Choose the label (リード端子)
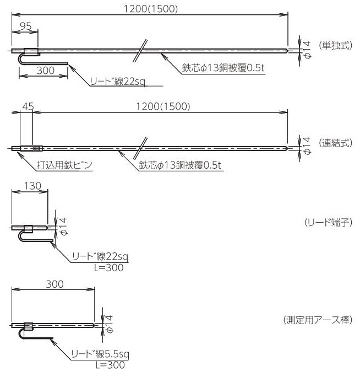point(328,223)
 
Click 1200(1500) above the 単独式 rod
point(150,8)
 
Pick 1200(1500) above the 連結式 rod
point(163,106)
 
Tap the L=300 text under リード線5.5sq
point(110,365)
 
